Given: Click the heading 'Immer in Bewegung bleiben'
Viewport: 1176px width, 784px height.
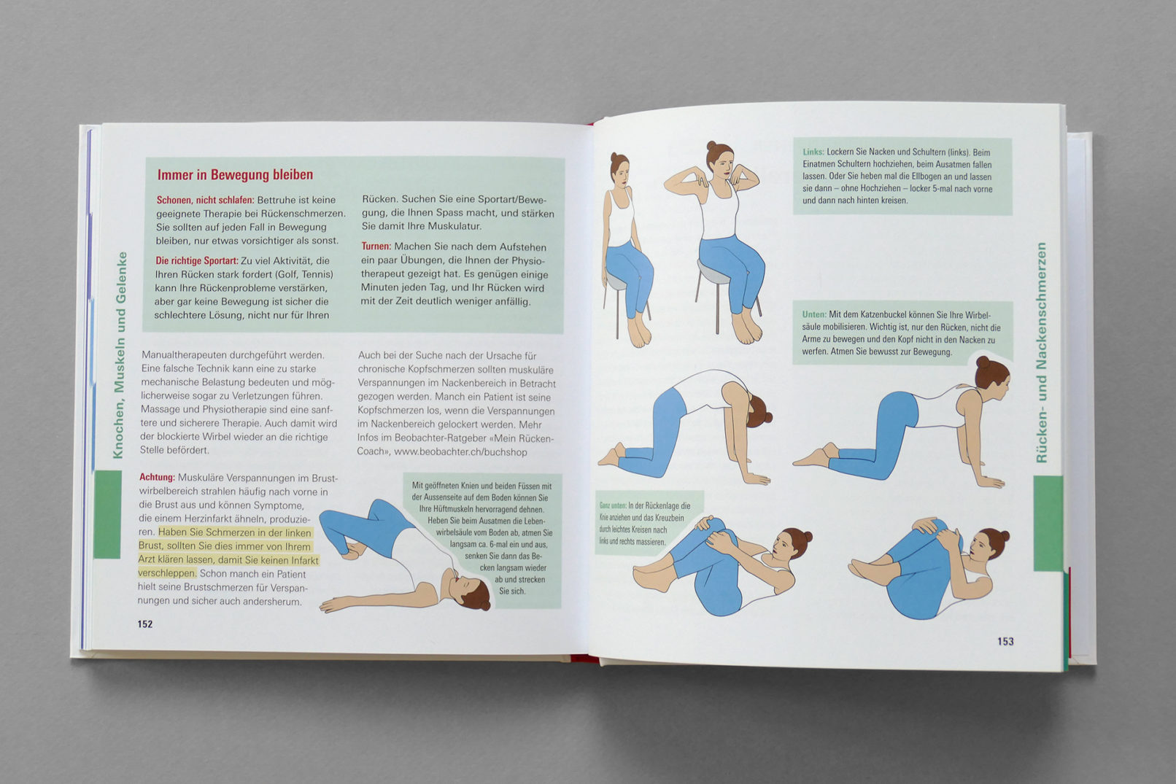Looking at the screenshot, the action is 235,175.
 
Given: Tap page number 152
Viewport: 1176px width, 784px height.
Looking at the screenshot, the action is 145,624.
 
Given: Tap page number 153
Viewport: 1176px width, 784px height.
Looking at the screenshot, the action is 1005,641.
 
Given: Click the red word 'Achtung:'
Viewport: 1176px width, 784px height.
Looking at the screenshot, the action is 157,478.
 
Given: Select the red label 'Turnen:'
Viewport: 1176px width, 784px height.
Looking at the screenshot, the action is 376,246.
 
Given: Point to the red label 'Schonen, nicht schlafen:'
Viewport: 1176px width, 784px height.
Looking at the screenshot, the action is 205,200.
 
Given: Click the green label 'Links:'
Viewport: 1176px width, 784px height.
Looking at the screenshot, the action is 813,152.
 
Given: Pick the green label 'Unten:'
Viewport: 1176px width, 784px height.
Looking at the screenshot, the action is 814,314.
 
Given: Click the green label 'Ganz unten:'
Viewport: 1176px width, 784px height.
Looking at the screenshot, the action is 613,506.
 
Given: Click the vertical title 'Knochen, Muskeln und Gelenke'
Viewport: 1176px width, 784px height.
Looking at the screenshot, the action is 120,355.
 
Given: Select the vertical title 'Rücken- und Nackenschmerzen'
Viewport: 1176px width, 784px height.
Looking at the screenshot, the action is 1040,353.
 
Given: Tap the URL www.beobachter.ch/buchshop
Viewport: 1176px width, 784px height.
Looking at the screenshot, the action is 460,452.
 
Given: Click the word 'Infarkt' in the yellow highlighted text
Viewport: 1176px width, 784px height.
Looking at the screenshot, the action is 303,560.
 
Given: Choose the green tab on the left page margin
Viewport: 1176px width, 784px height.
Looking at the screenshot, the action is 108,514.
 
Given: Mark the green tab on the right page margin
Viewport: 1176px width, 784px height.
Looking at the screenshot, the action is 1048,523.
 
